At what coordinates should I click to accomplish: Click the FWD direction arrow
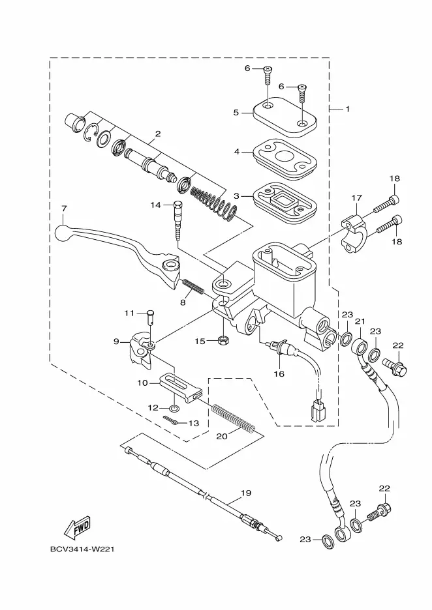click(x=77, y=528)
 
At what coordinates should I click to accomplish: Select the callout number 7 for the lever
click(x=64, y=209)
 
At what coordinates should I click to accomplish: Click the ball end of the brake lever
click(x=61, y=233)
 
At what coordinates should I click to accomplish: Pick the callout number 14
click(x=156, y=205)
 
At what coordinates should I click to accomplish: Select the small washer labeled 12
click(x=175, y=408)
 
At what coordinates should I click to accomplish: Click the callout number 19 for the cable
click(x=246, y=493)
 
